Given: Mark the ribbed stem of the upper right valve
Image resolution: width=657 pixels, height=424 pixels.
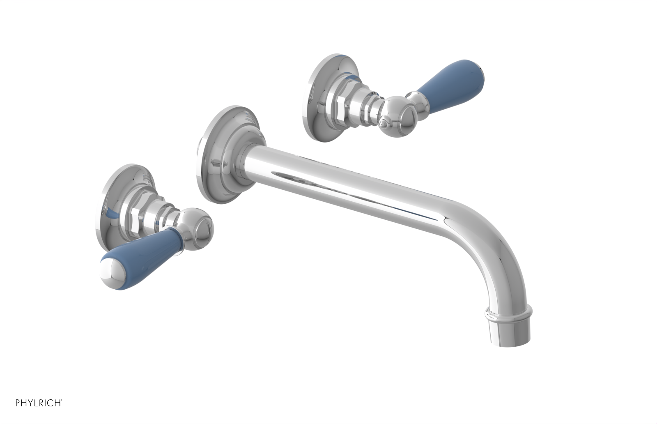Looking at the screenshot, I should (x=372, y=103).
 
